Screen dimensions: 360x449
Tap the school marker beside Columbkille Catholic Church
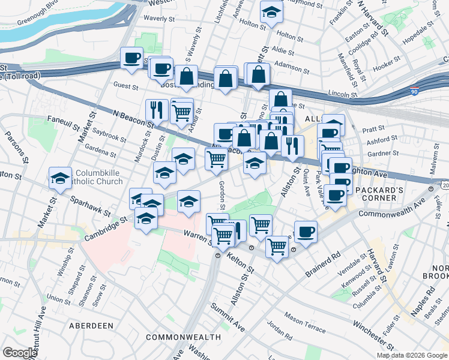coord(60,178)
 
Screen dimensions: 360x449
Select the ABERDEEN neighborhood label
coord(91,325)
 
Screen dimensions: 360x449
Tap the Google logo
coord(20,353)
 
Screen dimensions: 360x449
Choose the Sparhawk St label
coord(90,205)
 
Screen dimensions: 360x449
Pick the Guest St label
coord(126,86)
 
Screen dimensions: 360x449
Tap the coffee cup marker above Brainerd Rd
coord(306,231)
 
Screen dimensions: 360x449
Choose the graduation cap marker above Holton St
coord(271,11)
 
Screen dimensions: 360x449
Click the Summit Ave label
coord(228,317)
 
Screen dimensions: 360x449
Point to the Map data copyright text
coord(412,355)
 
